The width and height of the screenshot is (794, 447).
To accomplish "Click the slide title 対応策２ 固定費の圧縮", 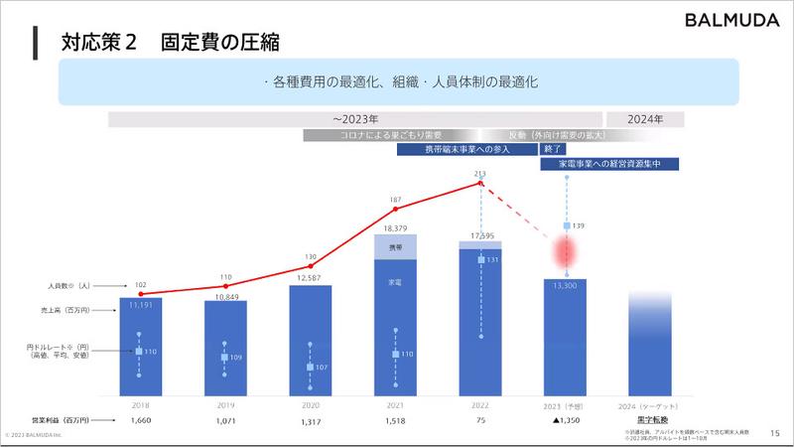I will [169, 42].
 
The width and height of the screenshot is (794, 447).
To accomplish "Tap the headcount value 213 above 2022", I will [480, 174].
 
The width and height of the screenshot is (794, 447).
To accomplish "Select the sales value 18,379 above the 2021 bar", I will [395, 227].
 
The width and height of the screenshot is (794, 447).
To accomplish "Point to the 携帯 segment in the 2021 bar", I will [395, 246].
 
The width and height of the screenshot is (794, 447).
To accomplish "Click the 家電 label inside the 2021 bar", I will [395, 282].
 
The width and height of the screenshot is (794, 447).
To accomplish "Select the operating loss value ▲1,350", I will [566, 421].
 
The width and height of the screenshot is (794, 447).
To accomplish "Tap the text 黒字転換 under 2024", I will [650, 421].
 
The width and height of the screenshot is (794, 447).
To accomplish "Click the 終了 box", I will [553, 148].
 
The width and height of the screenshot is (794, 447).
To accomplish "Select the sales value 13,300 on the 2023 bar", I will [567, 285].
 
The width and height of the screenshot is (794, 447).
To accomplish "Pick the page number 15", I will [775, 432].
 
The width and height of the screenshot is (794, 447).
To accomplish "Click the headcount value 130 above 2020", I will [310, 255].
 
